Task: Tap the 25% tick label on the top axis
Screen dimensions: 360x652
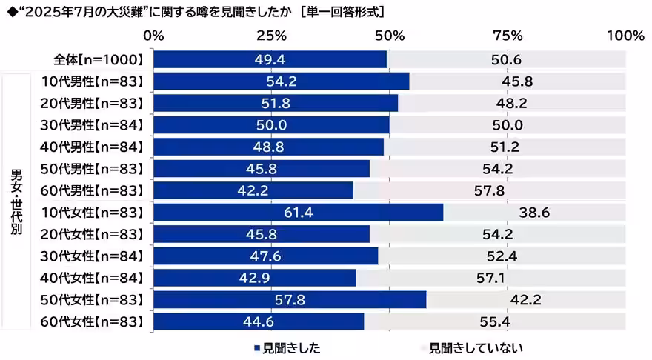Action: tap(272, 36)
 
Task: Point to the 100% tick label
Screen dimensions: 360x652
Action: tap(625, 36)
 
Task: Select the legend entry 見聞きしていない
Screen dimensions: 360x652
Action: tap(474, 347)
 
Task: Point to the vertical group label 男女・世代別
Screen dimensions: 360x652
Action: tap(16, 201)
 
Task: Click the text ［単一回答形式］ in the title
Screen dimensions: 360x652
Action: tap(346, 12)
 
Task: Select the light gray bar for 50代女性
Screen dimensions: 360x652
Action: tap(526, 300)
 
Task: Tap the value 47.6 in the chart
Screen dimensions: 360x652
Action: tap(266, 256)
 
